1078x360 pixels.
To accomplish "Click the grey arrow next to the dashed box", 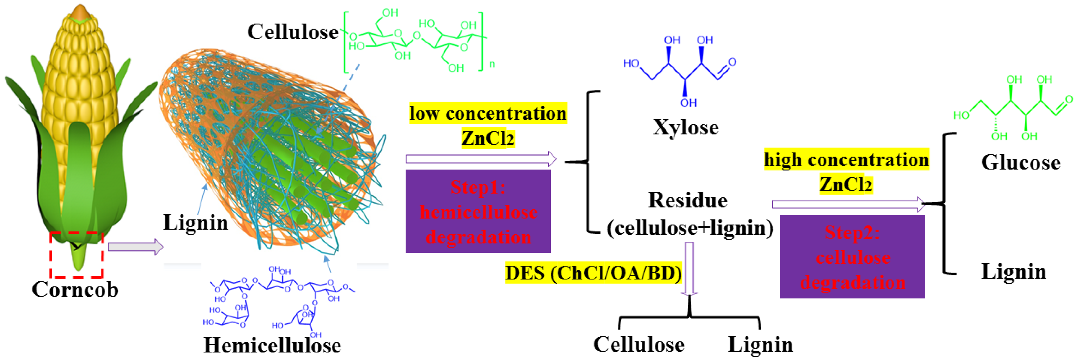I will pos(135,247).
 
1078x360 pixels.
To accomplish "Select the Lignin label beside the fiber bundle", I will pos(196,222).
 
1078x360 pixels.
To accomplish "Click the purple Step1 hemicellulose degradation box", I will pos(478,212).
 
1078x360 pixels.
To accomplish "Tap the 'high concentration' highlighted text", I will pos(846,160).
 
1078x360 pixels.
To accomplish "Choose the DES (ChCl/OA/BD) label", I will pos(593,273).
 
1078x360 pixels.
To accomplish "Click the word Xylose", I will pos(685,127).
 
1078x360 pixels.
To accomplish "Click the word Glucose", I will pos(1020,162).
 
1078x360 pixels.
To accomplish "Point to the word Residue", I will pos(688,200).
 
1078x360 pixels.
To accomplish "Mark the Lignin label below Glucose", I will pos(1013,272).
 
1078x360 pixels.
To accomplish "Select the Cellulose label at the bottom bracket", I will pos(639,345).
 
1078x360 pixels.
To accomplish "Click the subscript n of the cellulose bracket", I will pos(492,64).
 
